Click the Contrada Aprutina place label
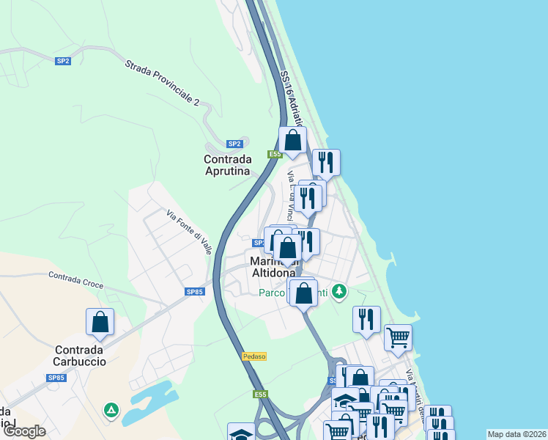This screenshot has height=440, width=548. pos(227,165)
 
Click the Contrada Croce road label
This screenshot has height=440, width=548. pos(76,280)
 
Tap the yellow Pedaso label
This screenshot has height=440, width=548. pos(253,356)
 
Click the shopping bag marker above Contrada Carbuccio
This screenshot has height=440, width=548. pos(100,323)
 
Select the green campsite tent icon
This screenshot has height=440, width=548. pos(111,408)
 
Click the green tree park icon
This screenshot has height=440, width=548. pos(338,292)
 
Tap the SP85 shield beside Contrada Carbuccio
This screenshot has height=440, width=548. pos(56,378)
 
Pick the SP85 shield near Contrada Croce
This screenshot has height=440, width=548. pos(194,292)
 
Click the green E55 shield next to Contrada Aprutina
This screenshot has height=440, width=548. pos(275,154)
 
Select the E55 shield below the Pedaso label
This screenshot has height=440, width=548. pos(261,395)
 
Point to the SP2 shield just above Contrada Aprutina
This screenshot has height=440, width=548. pos(234,144)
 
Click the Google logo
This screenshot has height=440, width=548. pos(24,431)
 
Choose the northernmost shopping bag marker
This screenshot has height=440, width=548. pos(292,140)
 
